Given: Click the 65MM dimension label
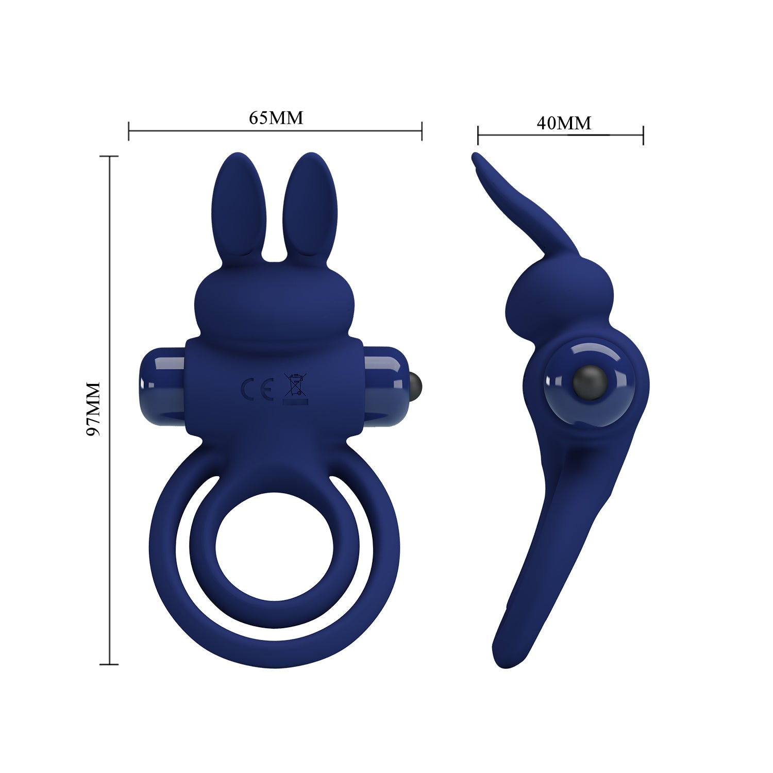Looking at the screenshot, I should point(276,118).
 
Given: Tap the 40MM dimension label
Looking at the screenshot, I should point(564,123).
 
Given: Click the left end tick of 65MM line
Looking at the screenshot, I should point(129,131).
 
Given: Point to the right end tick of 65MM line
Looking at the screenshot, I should point(422,131).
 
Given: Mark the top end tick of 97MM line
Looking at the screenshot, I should point(109,156).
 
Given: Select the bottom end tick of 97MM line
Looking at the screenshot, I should point(109,664).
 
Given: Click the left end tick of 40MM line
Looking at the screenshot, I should point(478,135).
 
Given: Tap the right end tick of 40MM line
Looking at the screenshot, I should point(643,135).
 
